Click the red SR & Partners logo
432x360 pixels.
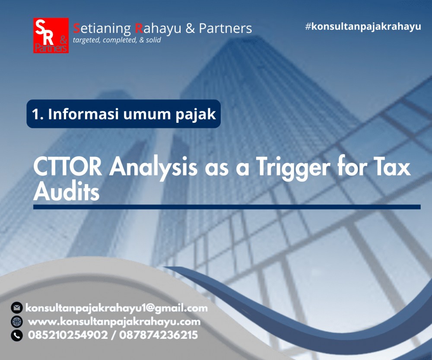point(51,35)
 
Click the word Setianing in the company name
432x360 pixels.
point(102,29)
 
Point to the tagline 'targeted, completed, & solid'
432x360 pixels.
point(117,40)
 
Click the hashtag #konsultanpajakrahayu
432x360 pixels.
point(363,26)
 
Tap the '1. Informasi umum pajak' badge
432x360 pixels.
point(124,114)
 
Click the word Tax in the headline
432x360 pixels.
point(390,167)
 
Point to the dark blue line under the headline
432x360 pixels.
point(227,207)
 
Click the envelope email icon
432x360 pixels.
point(17,308)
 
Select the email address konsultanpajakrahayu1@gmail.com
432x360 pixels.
point(117,308)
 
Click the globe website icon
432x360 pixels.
point(17,322)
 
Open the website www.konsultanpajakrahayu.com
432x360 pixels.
point(114,322)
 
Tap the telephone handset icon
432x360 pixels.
point(17,335)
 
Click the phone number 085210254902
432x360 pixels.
point(68,335)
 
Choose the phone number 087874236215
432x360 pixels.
point(158,335)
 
